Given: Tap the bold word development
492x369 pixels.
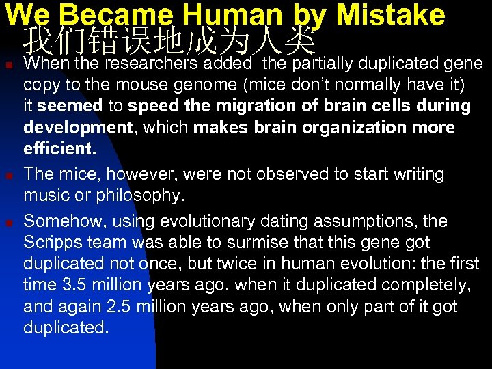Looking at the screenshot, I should (77, 127).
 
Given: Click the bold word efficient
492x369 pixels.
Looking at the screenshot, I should (59, 148).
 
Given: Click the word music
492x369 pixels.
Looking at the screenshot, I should (45, 195).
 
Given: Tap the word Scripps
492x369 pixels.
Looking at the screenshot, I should (53, 243).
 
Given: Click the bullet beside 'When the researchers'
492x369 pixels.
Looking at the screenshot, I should (7, 65).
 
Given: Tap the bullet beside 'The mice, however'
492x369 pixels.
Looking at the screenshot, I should (7, 176).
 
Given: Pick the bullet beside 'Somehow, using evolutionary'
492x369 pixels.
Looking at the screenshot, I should (7, 223).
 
